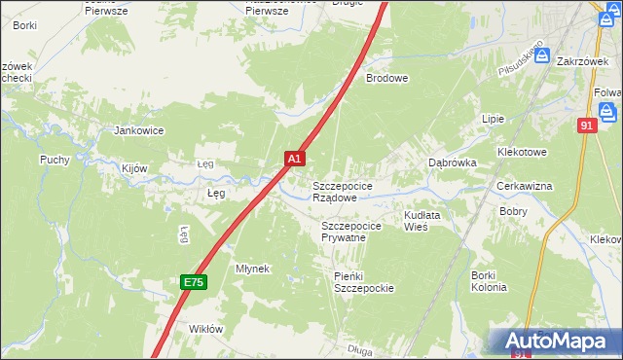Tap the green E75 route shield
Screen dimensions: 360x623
pos(193,282)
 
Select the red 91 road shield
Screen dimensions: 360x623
pos(586,126)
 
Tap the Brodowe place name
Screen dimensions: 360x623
pos(386,79)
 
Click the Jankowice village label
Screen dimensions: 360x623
pos(138,130)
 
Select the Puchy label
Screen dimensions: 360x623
pos(54,160)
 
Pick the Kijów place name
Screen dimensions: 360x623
pos(134,168)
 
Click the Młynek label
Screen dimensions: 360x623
pos(252,268)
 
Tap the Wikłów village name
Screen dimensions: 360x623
pos(206,329)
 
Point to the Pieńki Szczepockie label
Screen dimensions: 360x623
pos(363,282)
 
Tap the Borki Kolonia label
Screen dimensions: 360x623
pos(489,281)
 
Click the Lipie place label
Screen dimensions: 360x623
pos(494,119)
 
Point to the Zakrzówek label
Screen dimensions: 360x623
pos(582,60)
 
